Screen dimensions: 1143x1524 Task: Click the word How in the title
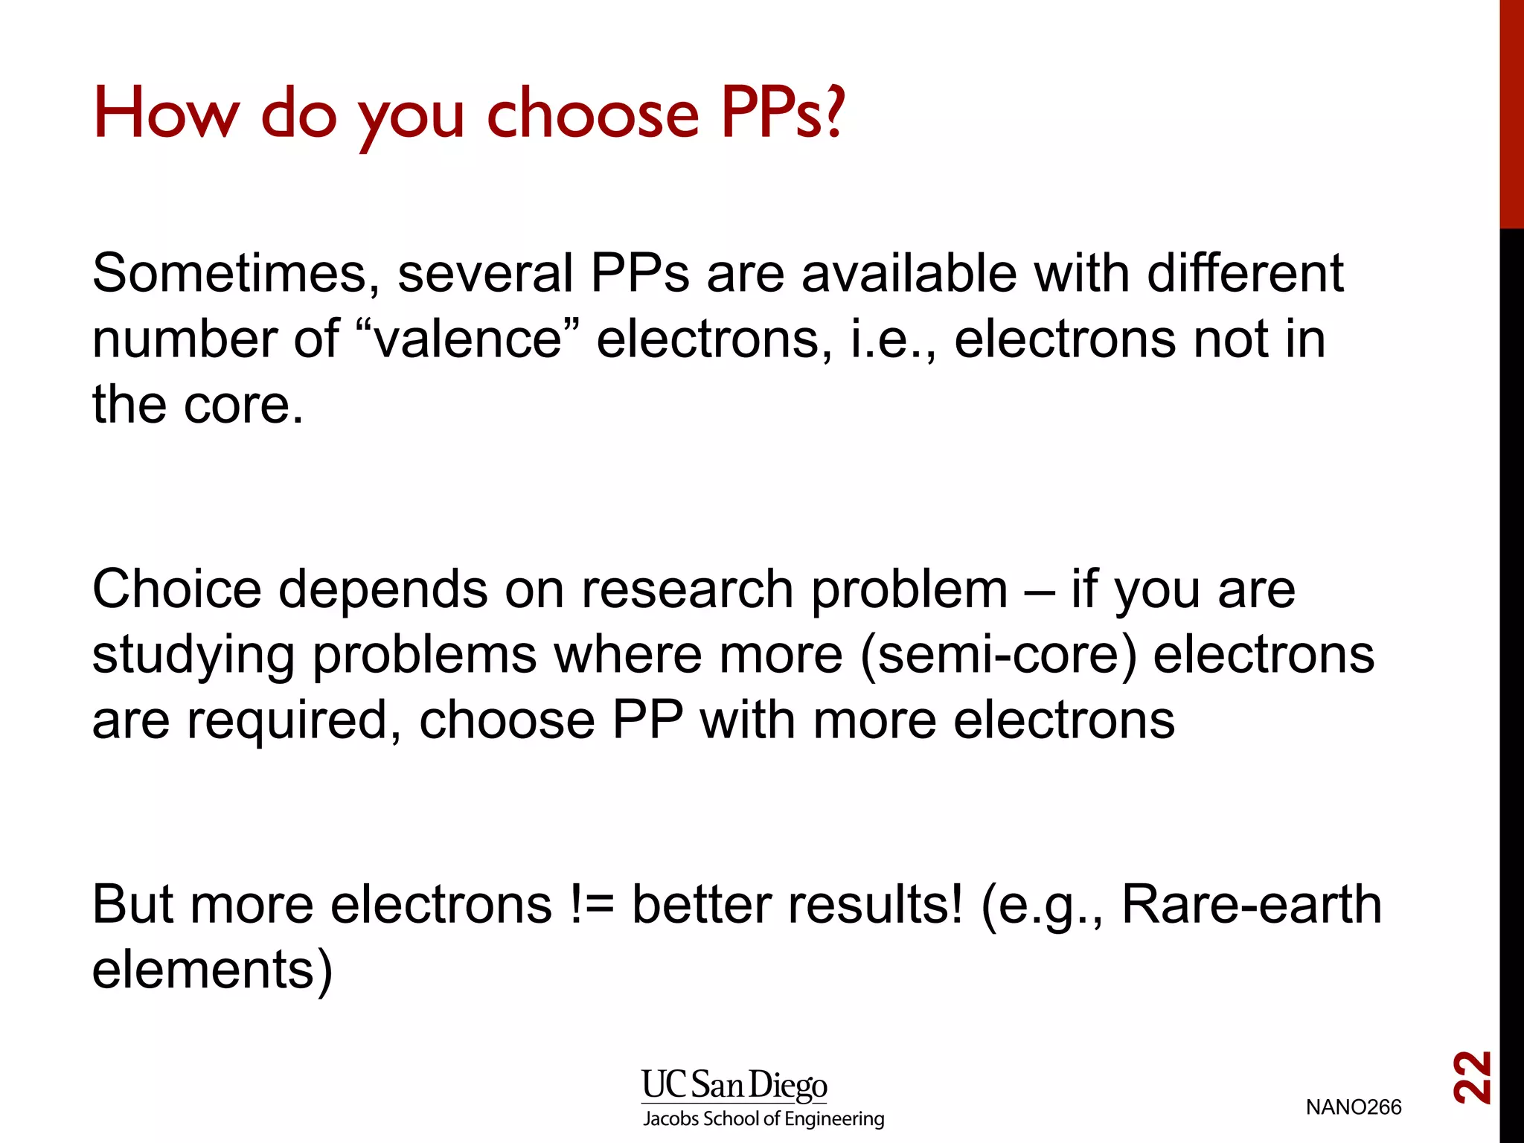[x=166, y=114]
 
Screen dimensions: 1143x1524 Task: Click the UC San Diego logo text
[x=734, y=1086]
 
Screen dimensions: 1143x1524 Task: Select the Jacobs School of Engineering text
[x=763, y=1119]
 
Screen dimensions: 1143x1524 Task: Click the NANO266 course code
[x=1353, y=1107]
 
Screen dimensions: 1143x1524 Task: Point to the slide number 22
[x=1471, y=1077]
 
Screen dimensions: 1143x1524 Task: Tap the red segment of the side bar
[x=1511, y=112]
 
